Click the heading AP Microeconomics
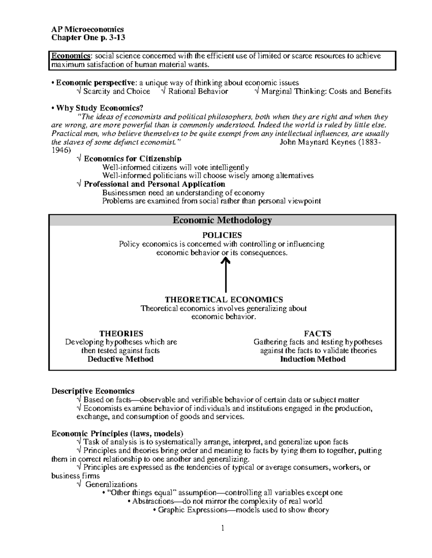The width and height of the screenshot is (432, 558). (x=87, y=29)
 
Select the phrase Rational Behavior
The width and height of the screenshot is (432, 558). (x=198, y=91)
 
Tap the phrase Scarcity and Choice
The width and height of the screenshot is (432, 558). (x=116, y=91)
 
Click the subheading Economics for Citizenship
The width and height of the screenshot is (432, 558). (x=132, y=159)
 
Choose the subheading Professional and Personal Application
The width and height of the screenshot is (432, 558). (x=154, y=184)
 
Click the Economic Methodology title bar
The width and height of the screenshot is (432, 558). (x=222, y=220)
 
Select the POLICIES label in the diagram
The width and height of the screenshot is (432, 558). (x=222, y=235)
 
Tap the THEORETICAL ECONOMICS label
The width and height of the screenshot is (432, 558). (x=224, y=300)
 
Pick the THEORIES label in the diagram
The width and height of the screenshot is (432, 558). (x=121, y=333)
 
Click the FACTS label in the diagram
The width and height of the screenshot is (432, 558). (x=318, y=333)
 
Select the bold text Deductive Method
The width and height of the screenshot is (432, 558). (x=121, y=359)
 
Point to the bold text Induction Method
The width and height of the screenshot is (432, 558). (x=312, y=359)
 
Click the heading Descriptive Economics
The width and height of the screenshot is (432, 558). (x=93, y=391)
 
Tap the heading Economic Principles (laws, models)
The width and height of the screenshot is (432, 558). (x=117, y=433)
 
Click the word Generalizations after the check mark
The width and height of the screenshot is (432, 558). (x=111, y=484)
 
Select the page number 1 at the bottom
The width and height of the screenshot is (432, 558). (x=223, y=528)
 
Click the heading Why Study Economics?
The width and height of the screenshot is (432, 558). (x=100, y=108)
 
